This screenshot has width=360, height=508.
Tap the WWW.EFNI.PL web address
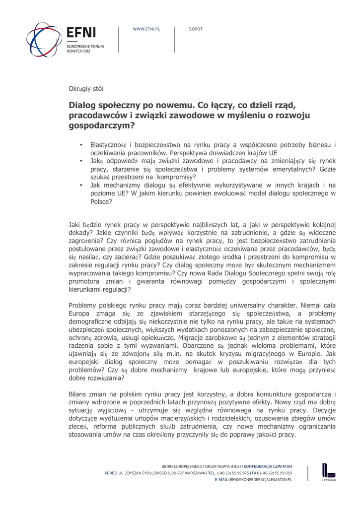pos(146,30)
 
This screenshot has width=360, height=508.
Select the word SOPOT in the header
pos(196,30)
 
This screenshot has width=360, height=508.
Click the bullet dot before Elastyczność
pos(80,145)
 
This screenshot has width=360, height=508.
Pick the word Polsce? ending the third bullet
pos(101,201)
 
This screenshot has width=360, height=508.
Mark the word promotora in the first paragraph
pos(84,281)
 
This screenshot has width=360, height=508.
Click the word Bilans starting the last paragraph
pos(78,394)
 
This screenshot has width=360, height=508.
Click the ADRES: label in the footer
pos(111,473)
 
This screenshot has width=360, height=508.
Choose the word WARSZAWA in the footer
pos(191,473)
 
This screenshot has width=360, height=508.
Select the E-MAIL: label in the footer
pos(222,480)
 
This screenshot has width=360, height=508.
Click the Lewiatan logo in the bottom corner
pos(328,472)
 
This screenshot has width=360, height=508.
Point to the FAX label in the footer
pos(261,473)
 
